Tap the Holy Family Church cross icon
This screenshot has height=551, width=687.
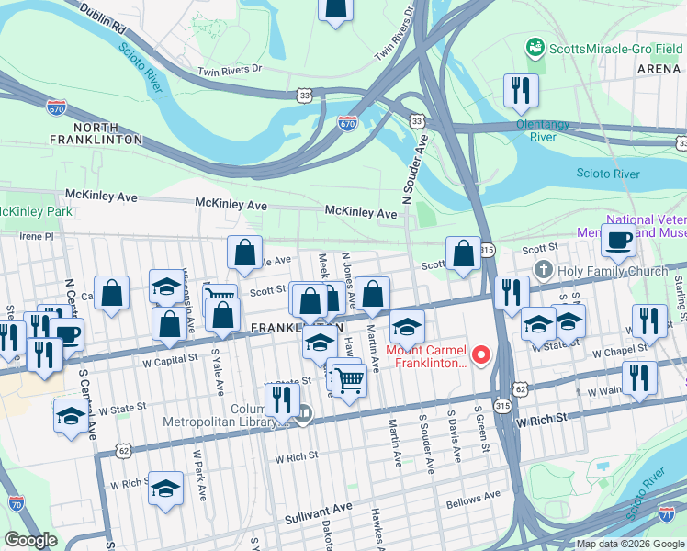pyautogui.click(x=543, y=270)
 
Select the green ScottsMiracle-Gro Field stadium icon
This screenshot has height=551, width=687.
pyautogui.click(x=534, y=46)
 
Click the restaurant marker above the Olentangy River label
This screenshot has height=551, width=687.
pyautogui.click(x=520, y=91)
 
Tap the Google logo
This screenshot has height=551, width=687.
pyautogui.click(x=30, y=540)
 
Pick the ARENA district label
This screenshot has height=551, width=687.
pyautogui.click(x=659, y=69)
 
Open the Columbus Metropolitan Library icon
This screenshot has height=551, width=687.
pyautogui.click(x=304, y=414)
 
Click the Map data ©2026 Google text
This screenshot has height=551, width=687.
pyautogui.click(x=630, y=544)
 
